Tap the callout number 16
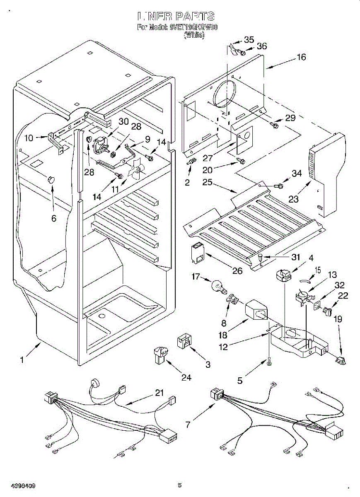point(301,57)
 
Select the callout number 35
point(249,40)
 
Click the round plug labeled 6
point(51,179)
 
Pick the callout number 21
point(159,393)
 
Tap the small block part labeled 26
point(198,253)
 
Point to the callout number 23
point(293,199)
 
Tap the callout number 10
point(29,138)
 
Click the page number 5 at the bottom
point(179,485)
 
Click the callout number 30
point(123,122)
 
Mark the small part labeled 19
point(341,361)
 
